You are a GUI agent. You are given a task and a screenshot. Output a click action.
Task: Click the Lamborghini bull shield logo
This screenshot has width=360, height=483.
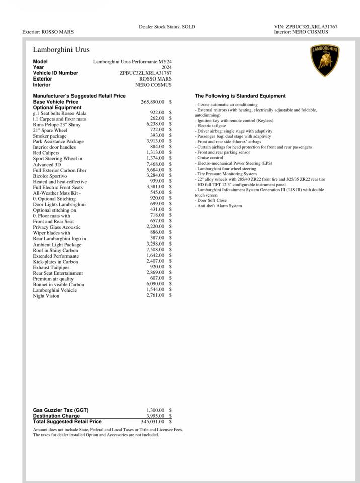click(x=325, y=60)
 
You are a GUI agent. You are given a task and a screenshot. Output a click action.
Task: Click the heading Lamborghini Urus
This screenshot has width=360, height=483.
click(x=61, y=50)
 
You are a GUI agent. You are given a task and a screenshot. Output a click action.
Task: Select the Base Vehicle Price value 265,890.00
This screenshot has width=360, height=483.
click(x=153, y=102)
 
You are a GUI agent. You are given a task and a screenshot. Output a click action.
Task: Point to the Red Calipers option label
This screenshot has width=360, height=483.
click(x=46, y=153)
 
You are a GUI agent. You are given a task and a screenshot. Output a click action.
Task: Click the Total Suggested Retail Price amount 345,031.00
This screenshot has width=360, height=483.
click(x=153, y=422)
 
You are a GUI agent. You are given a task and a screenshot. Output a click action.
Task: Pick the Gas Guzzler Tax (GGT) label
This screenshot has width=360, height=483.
click(x=60, y=410)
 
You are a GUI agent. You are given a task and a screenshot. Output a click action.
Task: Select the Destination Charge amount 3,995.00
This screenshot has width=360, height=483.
click(x=155, y=416)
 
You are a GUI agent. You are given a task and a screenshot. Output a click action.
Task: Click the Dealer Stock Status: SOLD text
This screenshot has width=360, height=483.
click(x=167, y=27)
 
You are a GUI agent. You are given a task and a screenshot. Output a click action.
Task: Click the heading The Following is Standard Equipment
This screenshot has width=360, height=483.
click(x=240, y=96)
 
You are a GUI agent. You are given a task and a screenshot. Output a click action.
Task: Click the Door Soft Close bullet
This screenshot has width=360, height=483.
click(x=211, y=200)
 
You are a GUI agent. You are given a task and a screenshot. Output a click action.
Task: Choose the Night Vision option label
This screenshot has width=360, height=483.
click(x=46, y=296)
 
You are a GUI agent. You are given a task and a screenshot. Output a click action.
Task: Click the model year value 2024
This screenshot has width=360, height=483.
click(x=166, y=67)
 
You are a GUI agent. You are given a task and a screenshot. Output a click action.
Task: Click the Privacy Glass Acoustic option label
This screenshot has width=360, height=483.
click(x=57, y=227)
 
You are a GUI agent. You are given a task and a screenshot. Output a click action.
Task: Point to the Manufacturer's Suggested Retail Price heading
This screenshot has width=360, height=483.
click(x=80, y=96)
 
